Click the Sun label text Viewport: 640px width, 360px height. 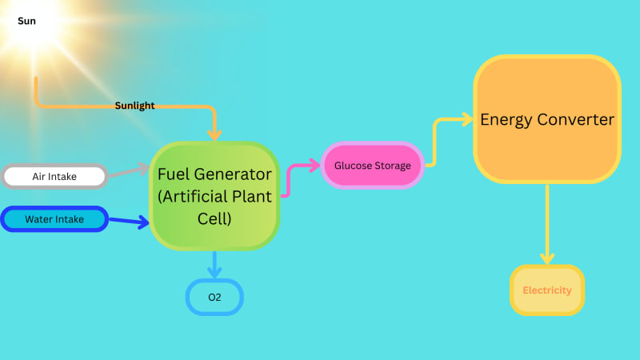(x=26, y=21)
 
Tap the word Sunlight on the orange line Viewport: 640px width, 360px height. (x=134, y=106)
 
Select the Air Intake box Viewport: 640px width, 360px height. (x=54, y=176)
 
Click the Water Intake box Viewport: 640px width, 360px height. (x=54, y=219)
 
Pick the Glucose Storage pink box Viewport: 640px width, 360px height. (x=372, y=166)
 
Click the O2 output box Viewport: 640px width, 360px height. (x=214, y=297)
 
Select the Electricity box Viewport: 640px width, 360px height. (x=547, y=290)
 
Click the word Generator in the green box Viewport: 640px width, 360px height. (x=233, y=174)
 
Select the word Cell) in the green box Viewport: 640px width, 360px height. (x=214, y=218)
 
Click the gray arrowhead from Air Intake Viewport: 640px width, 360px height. (x=144, y=169)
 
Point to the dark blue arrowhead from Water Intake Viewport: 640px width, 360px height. (x=144, y=222)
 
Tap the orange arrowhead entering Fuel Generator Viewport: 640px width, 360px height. (x=214, y=134)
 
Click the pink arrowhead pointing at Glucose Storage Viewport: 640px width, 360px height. (x=314, y=166)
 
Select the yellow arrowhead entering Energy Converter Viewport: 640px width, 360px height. (x=468, y=119)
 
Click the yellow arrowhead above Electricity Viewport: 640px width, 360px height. (x=547, y=258)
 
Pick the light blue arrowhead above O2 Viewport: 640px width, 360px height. (x=214, y=272)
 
